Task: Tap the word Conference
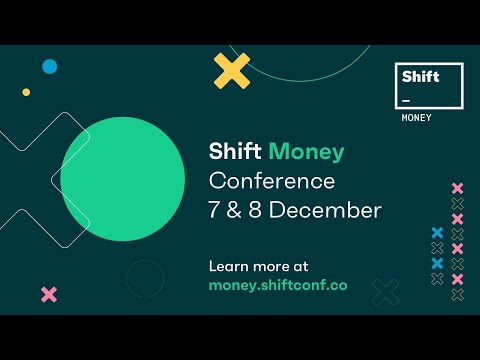click(x=271, y=182)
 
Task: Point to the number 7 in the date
click(x=215, y=211)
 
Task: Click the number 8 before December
click(x=255, y=211)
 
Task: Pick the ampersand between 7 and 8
click(x=235, y=211)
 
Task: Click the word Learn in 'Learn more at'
click(x=229, y=266)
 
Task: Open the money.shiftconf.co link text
click(x=278, y=285)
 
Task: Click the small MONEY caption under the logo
click(x=417, y=118)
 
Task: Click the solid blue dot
click(x=49, y=67)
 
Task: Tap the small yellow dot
click(x=27, y=92)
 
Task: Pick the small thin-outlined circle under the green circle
click(x=144, y=278)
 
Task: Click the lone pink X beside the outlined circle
click(x=48, y=294)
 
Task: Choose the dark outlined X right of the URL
click(x=385, y=292)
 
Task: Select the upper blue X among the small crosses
click(x=436, y=233)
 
